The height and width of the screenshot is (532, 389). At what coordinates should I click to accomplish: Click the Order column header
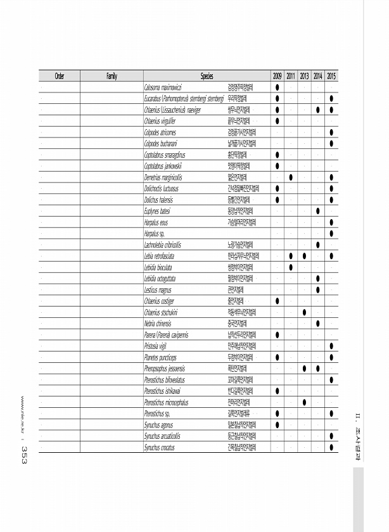59,76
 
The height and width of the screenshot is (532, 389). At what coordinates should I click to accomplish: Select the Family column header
112,76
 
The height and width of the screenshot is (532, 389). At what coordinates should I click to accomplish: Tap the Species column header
207,76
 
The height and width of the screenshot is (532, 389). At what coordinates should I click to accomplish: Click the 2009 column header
277,76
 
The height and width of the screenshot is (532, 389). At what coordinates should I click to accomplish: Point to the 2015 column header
331,76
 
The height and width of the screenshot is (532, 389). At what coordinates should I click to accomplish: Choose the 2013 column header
305,76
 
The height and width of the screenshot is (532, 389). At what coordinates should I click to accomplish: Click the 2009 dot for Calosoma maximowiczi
277,87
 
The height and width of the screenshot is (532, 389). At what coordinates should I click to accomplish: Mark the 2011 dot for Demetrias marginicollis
291,177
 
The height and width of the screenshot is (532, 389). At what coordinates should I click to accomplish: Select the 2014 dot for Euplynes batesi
318,211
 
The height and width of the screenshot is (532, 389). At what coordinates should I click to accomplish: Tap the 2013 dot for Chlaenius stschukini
305,312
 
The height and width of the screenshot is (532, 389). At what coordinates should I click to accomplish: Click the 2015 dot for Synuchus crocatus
332,448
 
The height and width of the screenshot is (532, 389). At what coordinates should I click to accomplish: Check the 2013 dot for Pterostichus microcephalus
305,402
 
